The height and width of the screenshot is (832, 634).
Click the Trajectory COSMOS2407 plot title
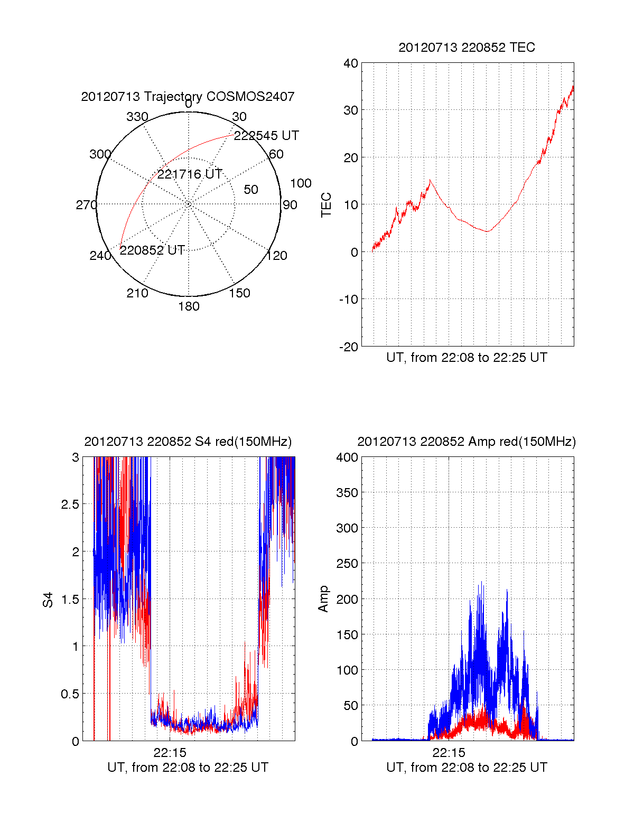point(188,97)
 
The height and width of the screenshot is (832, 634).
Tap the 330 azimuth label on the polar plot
point(137,117)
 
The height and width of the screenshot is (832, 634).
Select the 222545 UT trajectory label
point(266,136)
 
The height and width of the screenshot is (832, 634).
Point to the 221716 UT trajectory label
point(190,174)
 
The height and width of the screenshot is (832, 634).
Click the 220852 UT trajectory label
point(152,250)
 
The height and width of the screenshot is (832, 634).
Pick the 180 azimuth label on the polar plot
point(189,306)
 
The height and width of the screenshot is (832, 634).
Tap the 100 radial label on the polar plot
point(301,183)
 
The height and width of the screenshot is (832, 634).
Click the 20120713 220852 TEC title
point(467,48)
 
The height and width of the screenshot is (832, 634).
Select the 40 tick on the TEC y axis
point(351,63)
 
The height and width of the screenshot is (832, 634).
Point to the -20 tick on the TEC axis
point(349,347)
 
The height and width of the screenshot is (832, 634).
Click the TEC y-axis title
point(327,205)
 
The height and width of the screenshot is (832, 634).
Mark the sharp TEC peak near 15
point(430,181)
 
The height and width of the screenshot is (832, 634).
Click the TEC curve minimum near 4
point(488,231)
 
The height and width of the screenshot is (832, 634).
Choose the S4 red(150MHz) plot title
point(188,442)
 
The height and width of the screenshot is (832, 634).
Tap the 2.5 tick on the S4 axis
point(70,504)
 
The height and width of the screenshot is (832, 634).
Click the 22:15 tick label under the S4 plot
point(170,753)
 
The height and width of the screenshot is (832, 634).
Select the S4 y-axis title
point(48,600)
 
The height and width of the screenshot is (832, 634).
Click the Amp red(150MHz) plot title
point(467,442)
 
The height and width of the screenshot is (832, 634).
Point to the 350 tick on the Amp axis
point(347,493)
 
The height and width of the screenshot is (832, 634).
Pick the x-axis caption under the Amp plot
point(467,768)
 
